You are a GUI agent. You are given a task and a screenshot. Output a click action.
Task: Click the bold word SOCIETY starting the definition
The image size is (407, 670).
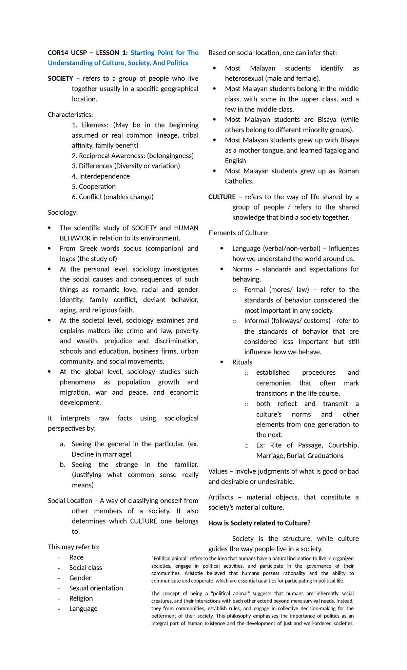tap(60, 79)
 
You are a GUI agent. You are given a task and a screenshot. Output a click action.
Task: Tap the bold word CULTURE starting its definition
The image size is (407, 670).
tap(222, 197)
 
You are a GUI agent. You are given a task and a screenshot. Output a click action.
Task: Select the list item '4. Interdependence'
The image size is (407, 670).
tap(101, 176)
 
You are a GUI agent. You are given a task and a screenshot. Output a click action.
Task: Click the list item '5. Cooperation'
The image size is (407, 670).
tap(94, 186)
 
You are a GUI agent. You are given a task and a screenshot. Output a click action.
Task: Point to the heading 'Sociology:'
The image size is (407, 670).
tap(63, 213)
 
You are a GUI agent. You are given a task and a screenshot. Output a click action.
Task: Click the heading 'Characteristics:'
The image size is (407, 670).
tap(70, 115)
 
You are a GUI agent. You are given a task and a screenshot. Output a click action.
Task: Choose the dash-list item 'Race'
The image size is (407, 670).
tap(76, 557)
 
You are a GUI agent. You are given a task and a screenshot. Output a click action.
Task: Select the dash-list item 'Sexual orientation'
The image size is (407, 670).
tap(96, 588)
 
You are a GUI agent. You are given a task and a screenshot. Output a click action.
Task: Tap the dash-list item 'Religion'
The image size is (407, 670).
tap(81, 598)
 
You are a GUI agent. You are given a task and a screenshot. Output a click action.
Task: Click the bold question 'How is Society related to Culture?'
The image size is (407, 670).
tap(259, 523)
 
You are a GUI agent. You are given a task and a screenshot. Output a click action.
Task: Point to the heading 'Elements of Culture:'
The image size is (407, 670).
tap(238, 233)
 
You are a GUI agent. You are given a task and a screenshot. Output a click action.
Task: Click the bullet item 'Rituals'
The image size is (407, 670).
tap(242, 362)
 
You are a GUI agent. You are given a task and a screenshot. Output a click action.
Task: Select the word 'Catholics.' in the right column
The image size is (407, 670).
tap(239, 181)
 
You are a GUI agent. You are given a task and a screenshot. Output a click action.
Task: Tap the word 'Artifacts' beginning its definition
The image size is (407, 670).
tap(221, 497)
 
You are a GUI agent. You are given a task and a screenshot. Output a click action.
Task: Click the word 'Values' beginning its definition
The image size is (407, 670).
tap(218, 471)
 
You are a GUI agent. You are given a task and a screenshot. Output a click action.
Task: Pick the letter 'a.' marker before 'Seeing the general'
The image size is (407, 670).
tap(62, 444)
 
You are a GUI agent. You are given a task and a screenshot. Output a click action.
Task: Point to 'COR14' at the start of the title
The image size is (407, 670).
tap(58, 53)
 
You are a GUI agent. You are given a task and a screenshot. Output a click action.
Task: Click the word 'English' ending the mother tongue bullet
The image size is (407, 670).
tap(235, 161)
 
